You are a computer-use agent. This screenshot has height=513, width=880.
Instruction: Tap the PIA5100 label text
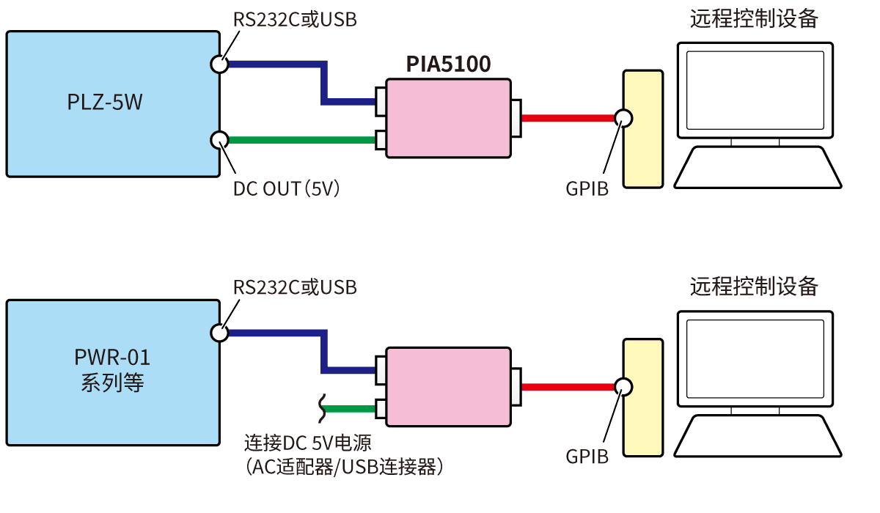(448, 65)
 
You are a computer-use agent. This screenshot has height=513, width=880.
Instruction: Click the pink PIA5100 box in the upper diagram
(448, 118)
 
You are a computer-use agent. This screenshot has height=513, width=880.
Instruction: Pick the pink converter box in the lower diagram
(448, 387)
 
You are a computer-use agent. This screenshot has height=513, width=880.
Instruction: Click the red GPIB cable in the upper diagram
(568, 118)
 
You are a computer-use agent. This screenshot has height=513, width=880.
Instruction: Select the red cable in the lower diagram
(568, 387)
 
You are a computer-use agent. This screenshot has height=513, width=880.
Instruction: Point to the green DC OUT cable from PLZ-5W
(301, 139)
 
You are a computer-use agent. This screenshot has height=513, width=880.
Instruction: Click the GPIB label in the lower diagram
(587, 457)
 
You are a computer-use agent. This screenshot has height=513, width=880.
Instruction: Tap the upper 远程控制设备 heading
(754, 19)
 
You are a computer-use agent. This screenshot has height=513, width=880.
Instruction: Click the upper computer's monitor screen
(755, 88)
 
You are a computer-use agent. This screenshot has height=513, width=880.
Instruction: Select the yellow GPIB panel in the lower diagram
(642, 397)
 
